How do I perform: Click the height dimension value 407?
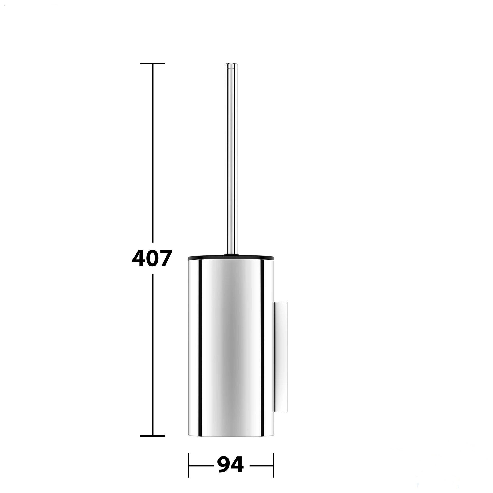[151, 258]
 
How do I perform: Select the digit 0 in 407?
[151, 258]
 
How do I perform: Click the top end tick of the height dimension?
[153, 63]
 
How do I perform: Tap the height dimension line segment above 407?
[153, 153]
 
